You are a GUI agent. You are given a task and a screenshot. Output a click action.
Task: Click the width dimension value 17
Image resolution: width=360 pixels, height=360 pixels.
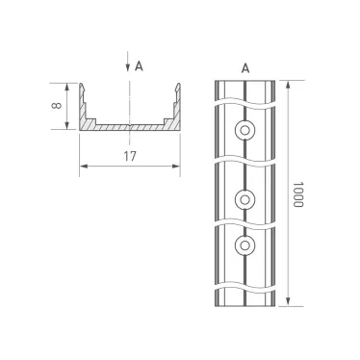pyautogui.click(x=129, y=154)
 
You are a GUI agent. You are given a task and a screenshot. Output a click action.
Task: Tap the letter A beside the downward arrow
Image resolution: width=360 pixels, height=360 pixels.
pyautogui.click(x=140, y=65)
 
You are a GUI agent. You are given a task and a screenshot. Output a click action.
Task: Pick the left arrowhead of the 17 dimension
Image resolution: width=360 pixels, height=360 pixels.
pyautogui.click(x=82, y=166)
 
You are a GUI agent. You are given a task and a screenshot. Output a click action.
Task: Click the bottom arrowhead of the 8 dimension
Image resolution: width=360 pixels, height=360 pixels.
pyautogui.click(x=67, y=126)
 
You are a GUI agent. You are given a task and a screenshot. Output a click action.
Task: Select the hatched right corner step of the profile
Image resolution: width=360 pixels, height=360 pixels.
pyautogui.click(x=170, y=123)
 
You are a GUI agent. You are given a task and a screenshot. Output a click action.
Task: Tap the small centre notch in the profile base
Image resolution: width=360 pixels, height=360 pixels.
pyautogui.click(x=129, y=126)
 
